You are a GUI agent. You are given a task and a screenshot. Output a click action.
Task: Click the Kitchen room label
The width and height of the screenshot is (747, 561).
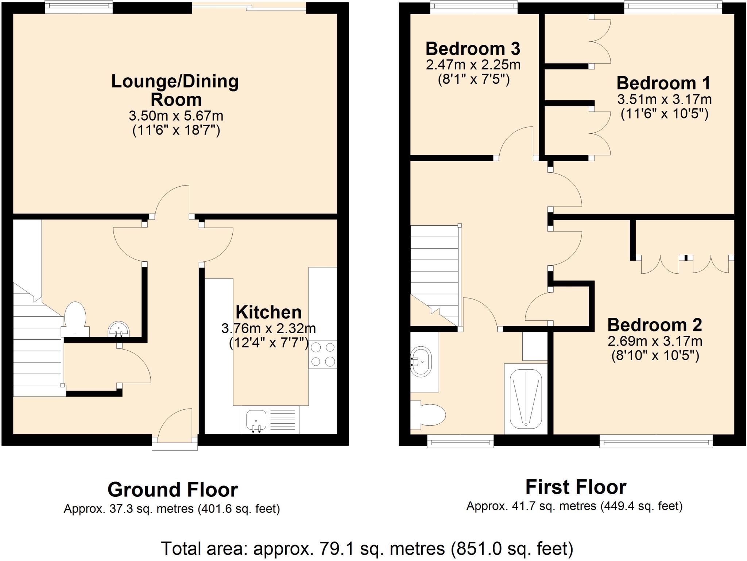click(x=268, y=312)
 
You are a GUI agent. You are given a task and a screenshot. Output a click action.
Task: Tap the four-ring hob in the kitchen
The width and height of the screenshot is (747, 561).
click(x=323, y=354)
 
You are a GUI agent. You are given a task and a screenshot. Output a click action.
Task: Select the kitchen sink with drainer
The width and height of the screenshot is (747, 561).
click(x=270, y=420)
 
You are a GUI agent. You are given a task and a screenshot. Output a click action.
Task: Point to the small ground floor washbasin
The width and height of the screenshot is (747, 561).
click(x=119, y=330)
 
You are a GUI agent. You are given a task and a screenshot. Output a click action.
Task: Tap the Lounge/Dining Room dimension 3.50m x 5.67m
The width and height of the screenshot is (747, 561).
click(x=176, y=116)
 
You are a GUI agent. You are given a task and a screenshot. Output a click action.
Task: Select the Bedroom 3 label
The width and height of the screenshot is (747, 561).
click(x=473, y=49)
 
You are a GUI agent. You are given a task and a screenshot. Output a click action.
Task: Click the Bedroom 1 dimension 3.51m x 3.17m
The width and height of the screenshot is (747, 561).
click(x=664, y=99)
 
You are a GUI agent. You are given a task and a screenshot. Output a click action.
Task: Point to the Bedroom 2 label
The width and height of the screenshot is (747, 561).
click(x=654, y=325)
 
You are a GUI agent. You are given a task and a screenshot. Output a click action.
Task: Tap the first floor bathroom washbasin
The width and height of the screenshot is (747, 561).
click(x=421, y=362)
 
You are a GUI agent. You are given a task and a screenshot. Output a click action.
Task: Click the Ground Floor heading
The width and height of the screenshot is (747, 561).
click(x=173, y=490)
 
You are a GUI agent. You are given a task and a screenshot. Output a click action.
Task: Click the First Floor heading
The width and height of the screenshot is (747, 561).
click(x=576, y=487)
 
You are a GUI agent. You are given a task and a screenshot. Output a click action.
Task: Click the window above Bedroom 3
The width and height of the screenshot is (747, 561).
click(x=473, y=7)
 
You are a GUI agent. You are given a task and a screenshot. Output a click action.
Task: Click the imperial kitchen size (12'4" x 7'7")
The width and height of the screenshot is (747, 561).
click(x=268, y=343)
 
